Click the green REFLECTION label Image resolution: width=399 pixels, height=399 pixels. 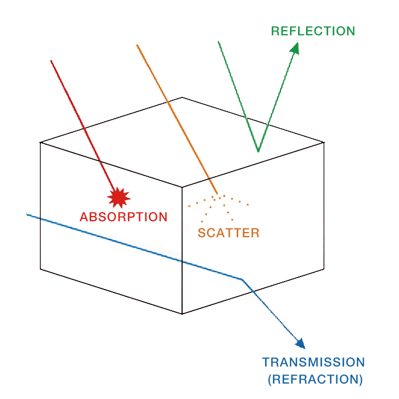(x=313, y=31)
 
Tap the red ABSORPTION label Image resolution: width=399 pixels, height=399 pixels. (x=124, y=217)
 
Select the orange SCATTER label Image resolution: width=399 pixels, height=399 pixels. (x=229, y=233)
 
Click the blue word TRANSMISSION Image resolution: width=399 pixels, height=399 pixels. (x=313, y=362)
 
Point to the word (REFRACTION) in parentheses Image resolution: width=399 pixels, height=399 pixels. (x=315, y=378)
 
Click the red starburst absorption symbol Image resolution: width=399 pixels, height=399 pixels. (x=119, y=197)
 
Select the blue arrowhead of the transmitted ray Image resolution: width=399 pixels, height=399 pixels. (x=300, y=343)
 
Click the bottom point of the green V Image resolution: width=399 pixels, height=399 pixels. (x=258, y=151)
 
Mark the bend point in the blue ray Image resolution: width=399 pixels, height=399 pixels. (x=242, y=279)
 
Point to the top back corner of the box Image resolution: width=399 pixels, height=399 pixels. (x=182, y=97)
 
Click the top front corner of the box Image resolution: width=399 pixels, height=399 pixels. (x=182, y=187)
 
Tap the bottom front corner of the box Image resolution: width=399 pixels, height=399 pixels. (x=182, y=313)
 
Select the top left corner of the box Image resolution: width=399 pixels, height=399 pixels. (x=40, y=142)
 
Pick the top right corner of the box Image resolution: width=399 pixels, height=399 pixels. (x=324, y=142)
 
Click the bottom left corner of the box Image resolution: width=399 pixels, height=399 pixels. (x=40, y=268)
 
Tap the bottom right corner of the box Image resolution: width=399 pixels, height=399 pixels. (x=324, y=268)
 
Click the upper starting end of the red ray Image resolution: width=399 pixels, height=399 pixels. (x=51, y=60)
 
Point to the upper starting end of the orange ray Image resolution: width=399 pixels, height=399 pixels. (x=137, y=44)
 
